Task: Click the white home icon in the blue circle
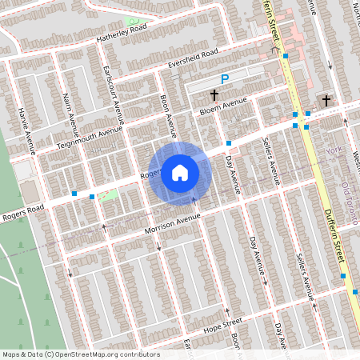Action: (x=180, y=173)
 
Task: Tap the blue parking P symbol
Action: (x=225, y=79)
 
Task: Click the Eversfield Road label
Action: (x=193, y=58)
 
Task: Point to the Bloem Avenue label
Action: (x=223, y=105)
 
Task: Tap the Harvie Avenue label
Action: (x=26, y=130)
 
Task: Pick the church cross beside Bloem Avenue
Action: (x=214, y=94)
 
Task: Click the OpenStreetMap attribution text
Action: (x=80, y=354)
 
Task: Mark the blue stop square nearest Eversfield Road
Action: (x=286, y=55)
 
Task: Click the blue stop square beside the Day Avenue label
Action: (x=229, y=142)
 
